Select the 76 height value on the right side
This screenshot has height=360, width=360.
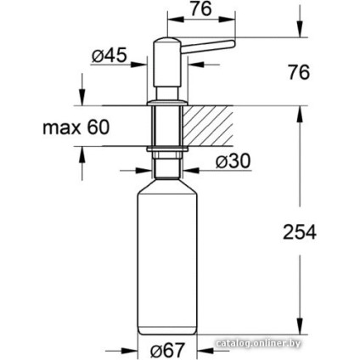pyautogui.click(x=297, y=73)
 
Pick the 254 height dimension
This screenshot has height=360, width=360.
pyautogui.click(x=298, y=231)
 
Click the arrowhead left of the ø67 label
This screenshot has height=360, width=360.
pyautogui.click(x=130, y=349)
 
